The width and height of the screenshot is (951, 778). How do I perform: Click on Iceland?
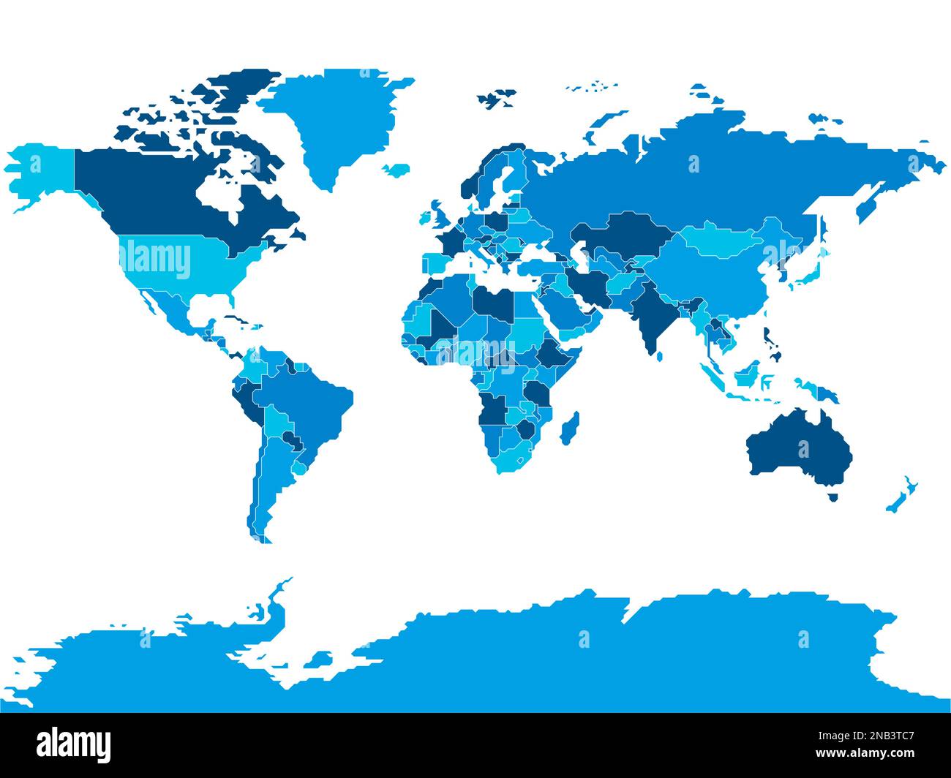[x=396, y=170]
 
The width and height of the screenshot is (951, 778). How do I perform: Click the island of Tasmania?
[x=832, y=497]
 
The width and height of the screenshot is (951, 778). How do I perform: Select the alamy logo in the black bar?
[x=73, y=744]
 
